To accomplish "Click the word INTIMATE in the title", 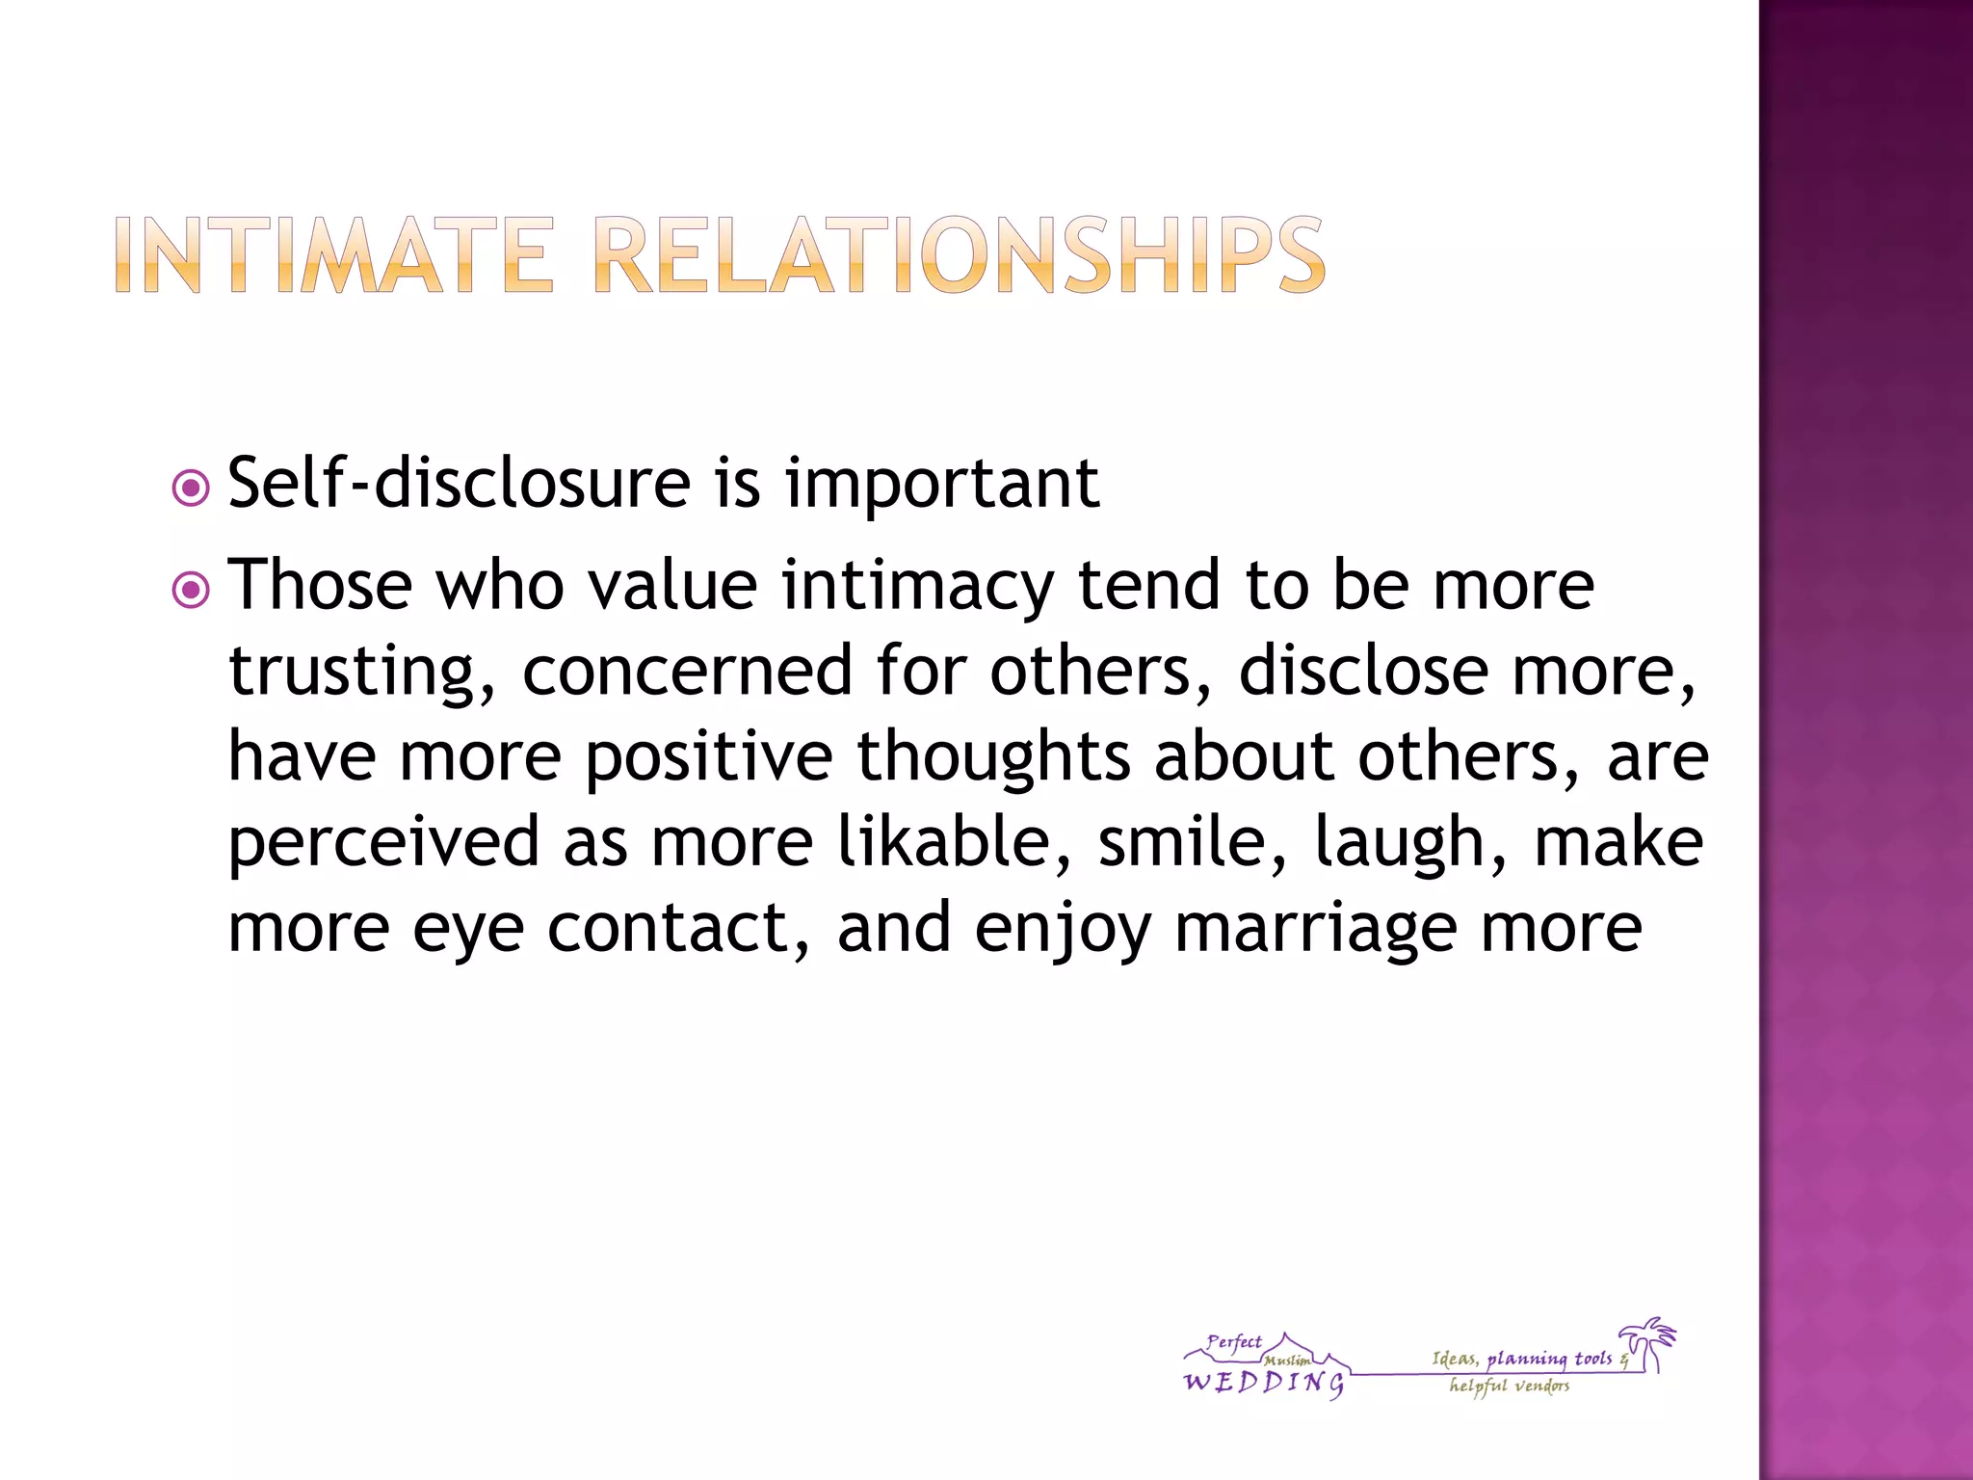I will pos(333,254).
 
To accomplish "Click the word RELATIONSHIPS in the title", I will pos(959,254).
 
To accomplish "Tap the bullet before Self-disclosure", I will pos(190,489).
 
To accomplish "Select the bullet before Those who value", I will pos(190,590).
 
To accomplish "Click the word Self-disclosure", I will pos(459,483).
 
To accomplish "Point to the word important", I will pos(941,485).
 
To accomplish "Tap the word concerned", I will pos(687,671).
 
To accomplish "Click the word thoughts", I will pos(993,756).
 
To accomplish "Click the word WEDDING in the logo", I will pos(1263,1384).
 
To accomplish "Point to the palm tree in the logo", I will pos(1648,1342).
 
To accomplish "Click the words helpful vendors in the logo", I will pos(1509,1387).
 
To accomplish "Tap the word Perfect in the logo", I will pos(1234,1342).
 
